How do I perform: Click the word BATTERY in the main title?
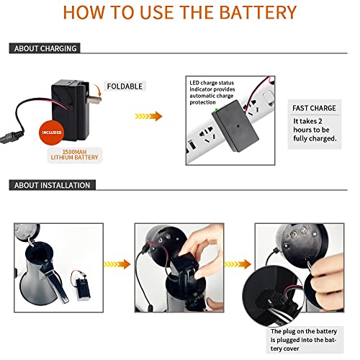(258, 12)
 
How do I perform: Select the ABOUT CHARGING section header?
(45, 48)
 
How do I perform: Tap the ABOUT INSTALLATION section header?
(52, 185)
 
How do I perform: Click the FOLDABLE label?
(125, 86)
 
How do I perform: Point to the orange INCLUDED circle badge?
(51, 132)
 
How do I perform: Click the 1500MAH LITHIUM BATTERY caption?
(74, 155)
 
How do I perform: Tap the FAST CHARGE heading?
(314, 108)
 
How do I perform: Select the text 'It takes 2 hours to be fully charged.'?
(315, 130)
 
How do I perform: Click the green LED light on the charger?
(217, 110)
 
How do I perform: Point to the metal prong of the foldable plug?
(94, 99)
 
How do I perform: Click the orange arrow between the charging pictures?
(148, 117)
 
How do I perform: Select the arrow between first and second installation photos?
(117, 264)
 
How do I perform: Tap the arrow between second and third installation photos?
(238, 264)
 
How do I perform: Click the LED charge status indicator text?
(212, 93)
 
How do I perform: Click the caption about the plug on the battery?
(304, 340)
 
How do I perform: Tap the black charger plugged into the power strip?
(235, 126)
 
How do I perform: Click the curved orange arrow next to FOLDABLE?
(97, 90)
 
